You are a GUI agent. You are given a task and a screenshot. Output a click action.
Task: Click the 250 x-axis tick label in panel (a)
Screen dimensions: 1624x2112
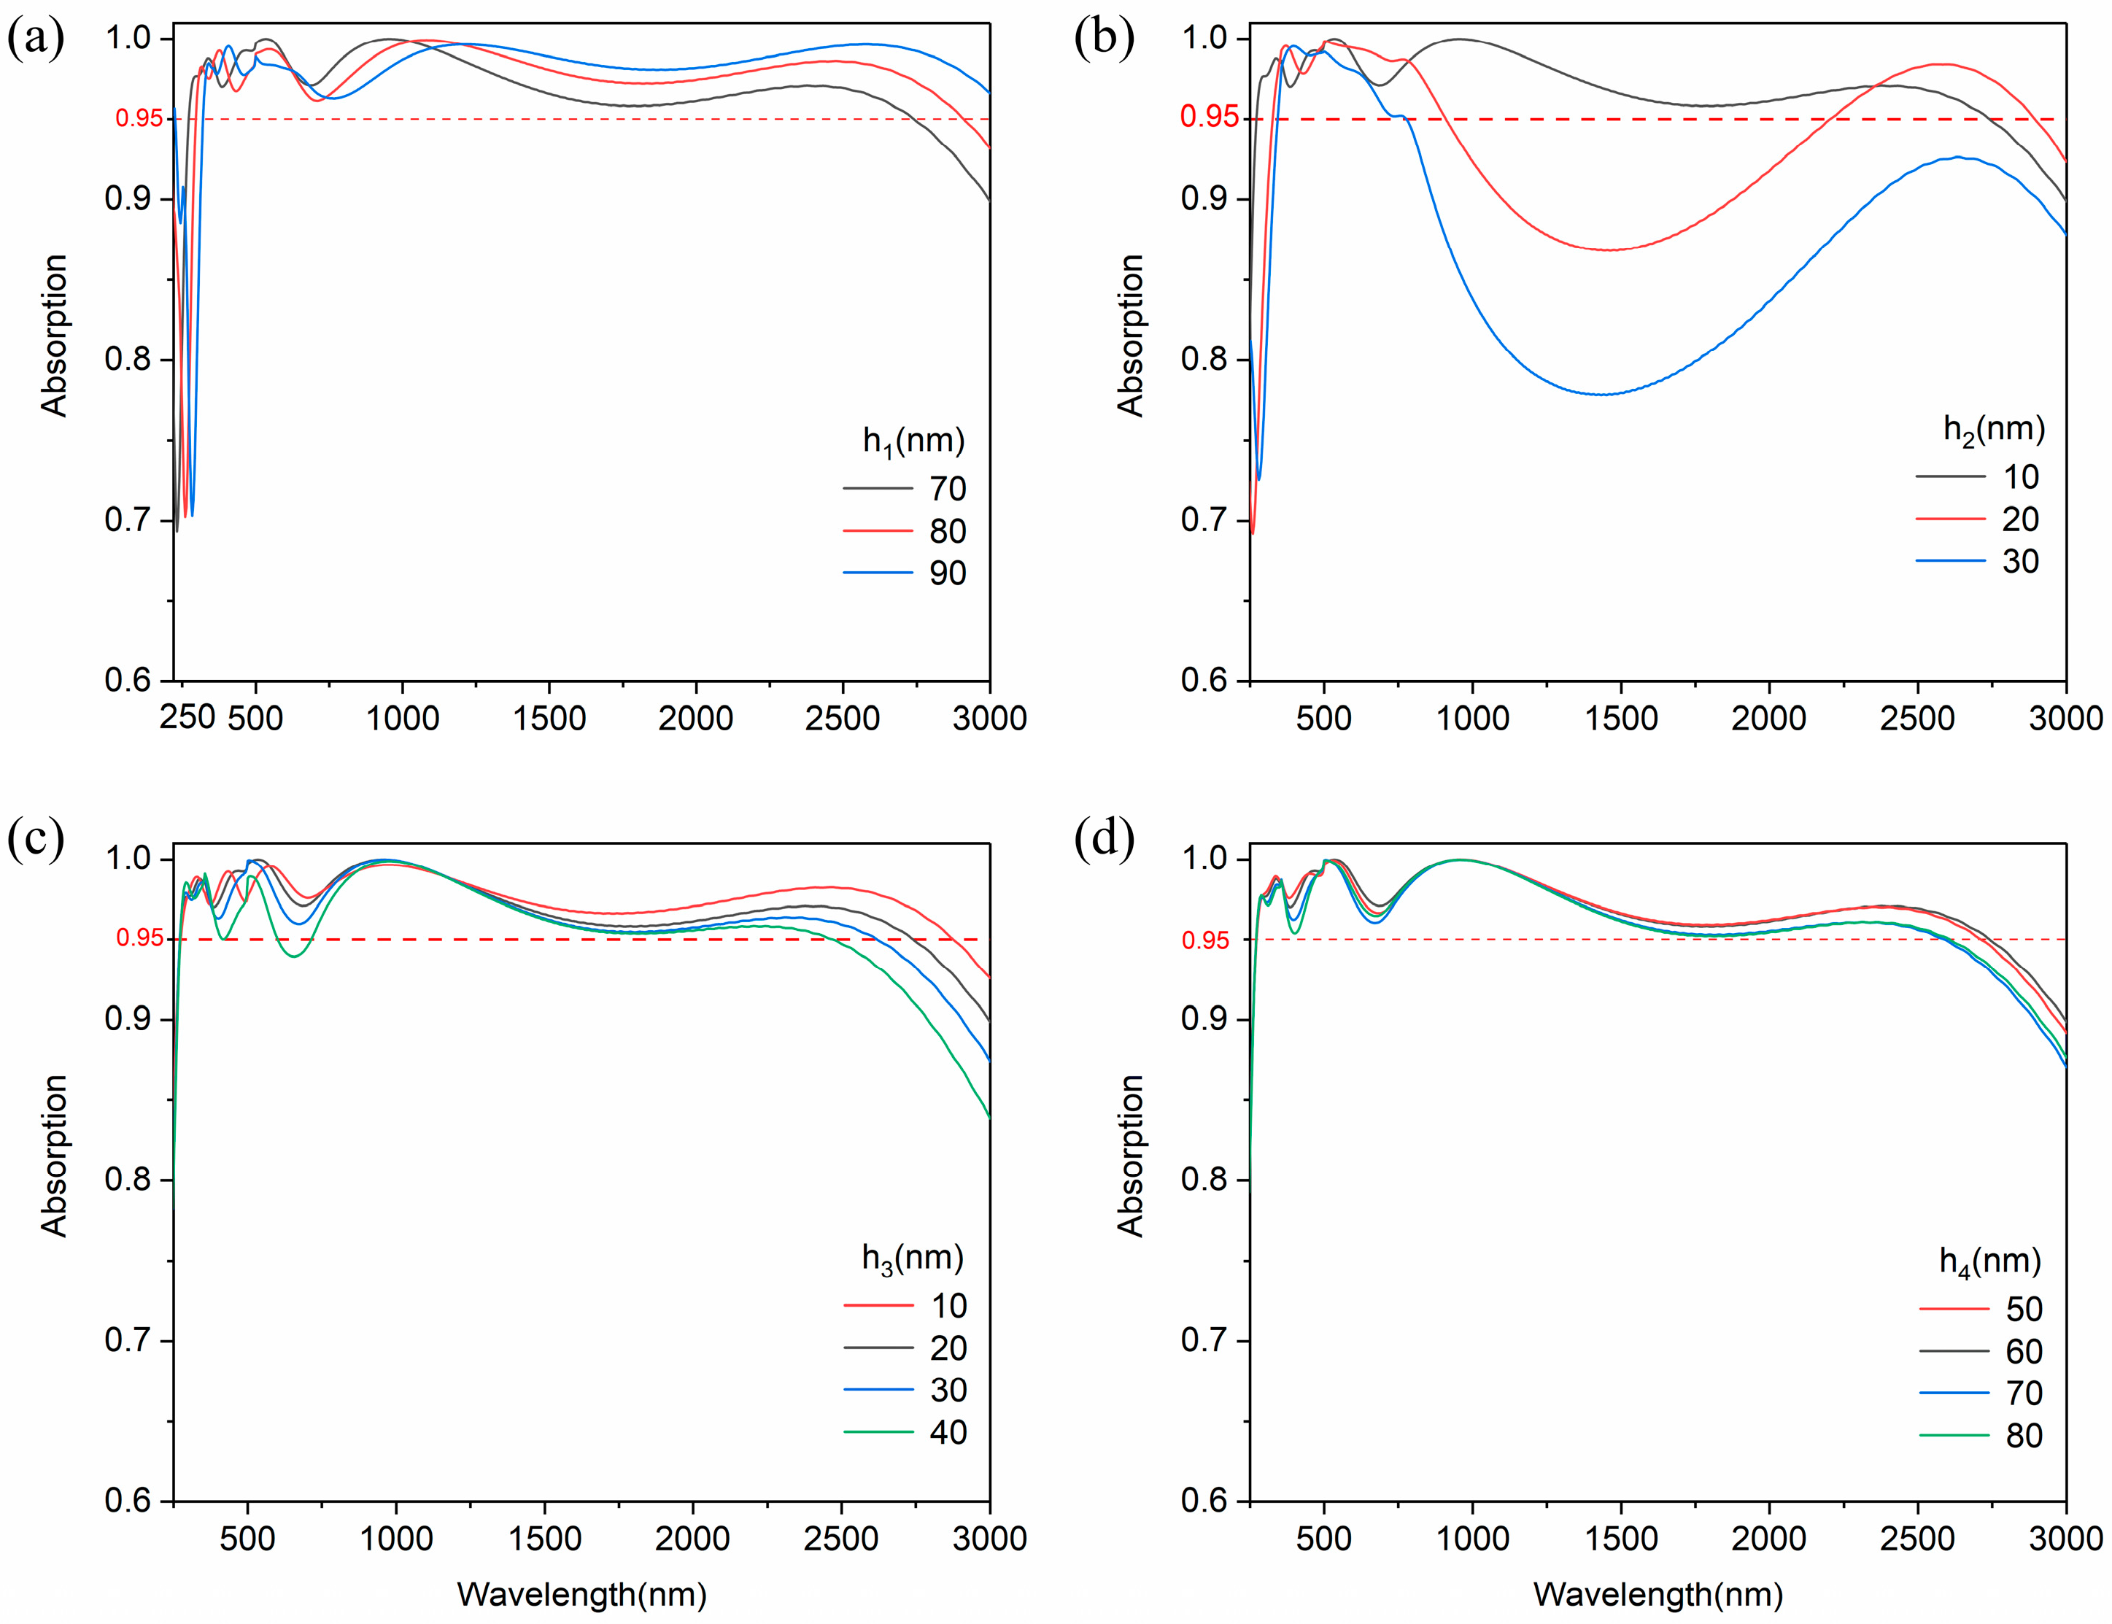(x=187, y=717)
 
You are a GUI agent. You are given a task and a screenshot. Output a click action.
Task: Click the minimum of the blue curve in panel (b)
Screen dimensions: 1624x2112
(x=1600, y=395)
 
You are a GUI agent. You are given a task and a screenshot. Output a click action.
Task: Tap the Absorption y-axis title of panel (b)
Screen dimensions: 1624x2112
(x=1130, y=336)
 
